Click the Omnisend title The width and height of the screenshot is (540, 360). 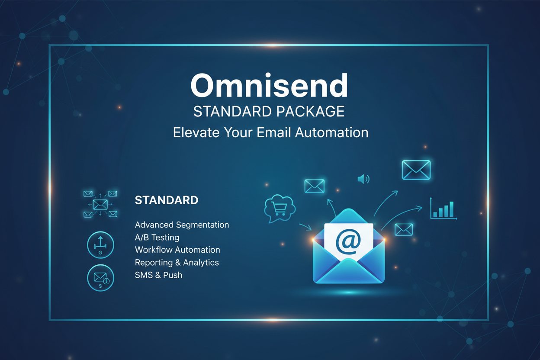(x=269, y=85)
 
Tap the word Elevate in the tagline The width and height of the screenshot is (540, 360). (x=196, y=132)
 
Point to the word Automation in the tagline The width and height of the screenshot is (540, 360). (x=332, y=132)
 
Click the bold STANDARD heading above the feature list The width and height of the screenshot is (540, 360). (x=167, y=200)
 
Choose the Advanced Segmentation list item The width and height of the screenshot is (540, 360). (x=182, y=225)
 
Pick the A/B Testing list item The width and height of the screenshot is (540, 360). (x=157, y=237)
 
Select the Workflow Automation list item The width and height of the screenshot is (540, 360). (x=177, y=250)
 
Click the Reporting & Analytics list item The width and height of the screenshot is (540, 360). (x=177, y=262)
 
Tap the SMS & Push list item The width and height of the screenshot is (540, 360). (x=158, y=275)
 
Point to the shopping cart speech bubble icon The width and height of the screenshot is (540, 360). (x=280, y=208)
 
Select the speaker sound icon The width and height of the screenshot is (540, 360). (x=363, y=179)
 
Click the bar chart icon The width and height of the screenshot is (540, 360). (x=444, y=209)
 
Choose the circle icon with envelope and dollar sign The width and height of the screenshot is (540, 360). (x=100, y=278)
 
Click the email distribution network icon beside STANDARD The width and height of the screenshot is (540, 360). (x=100, y=204)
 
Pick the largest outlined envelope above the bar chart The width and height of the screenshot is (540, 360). (x=416, y=170)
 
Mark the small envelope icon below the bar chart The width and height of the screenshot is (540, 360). (x=404, y=229)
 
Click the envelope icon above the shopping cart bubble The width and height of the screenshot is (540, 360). (x=314, y=186)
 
